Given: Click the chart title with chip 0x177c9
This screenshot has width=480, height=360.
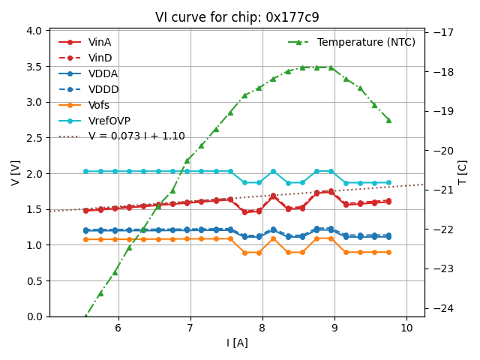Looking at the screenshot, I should point(236,17).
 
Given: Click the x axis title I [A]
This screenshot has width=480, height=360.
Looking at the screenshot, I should point(236,343).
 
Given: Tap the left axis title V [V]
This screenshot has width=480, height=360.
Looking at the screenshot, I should point(15,172).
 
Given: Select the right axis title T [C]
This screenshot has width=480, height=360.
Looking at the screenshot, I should point(463,172).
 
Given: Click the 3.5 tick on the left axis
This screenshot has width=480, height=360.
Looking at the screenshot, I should point(34,66).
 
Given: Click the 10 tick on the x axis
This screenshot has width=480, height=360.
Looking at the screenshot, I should point(406,328).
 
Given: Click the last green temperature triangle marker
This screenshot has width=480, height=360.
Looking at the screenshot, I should point(388,120).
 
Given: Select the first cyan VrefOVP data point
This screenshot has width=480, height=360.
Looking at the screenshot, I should point(85,171).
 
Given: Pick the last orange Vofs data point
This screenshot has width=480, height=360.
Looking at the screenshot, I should point(388,252).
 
